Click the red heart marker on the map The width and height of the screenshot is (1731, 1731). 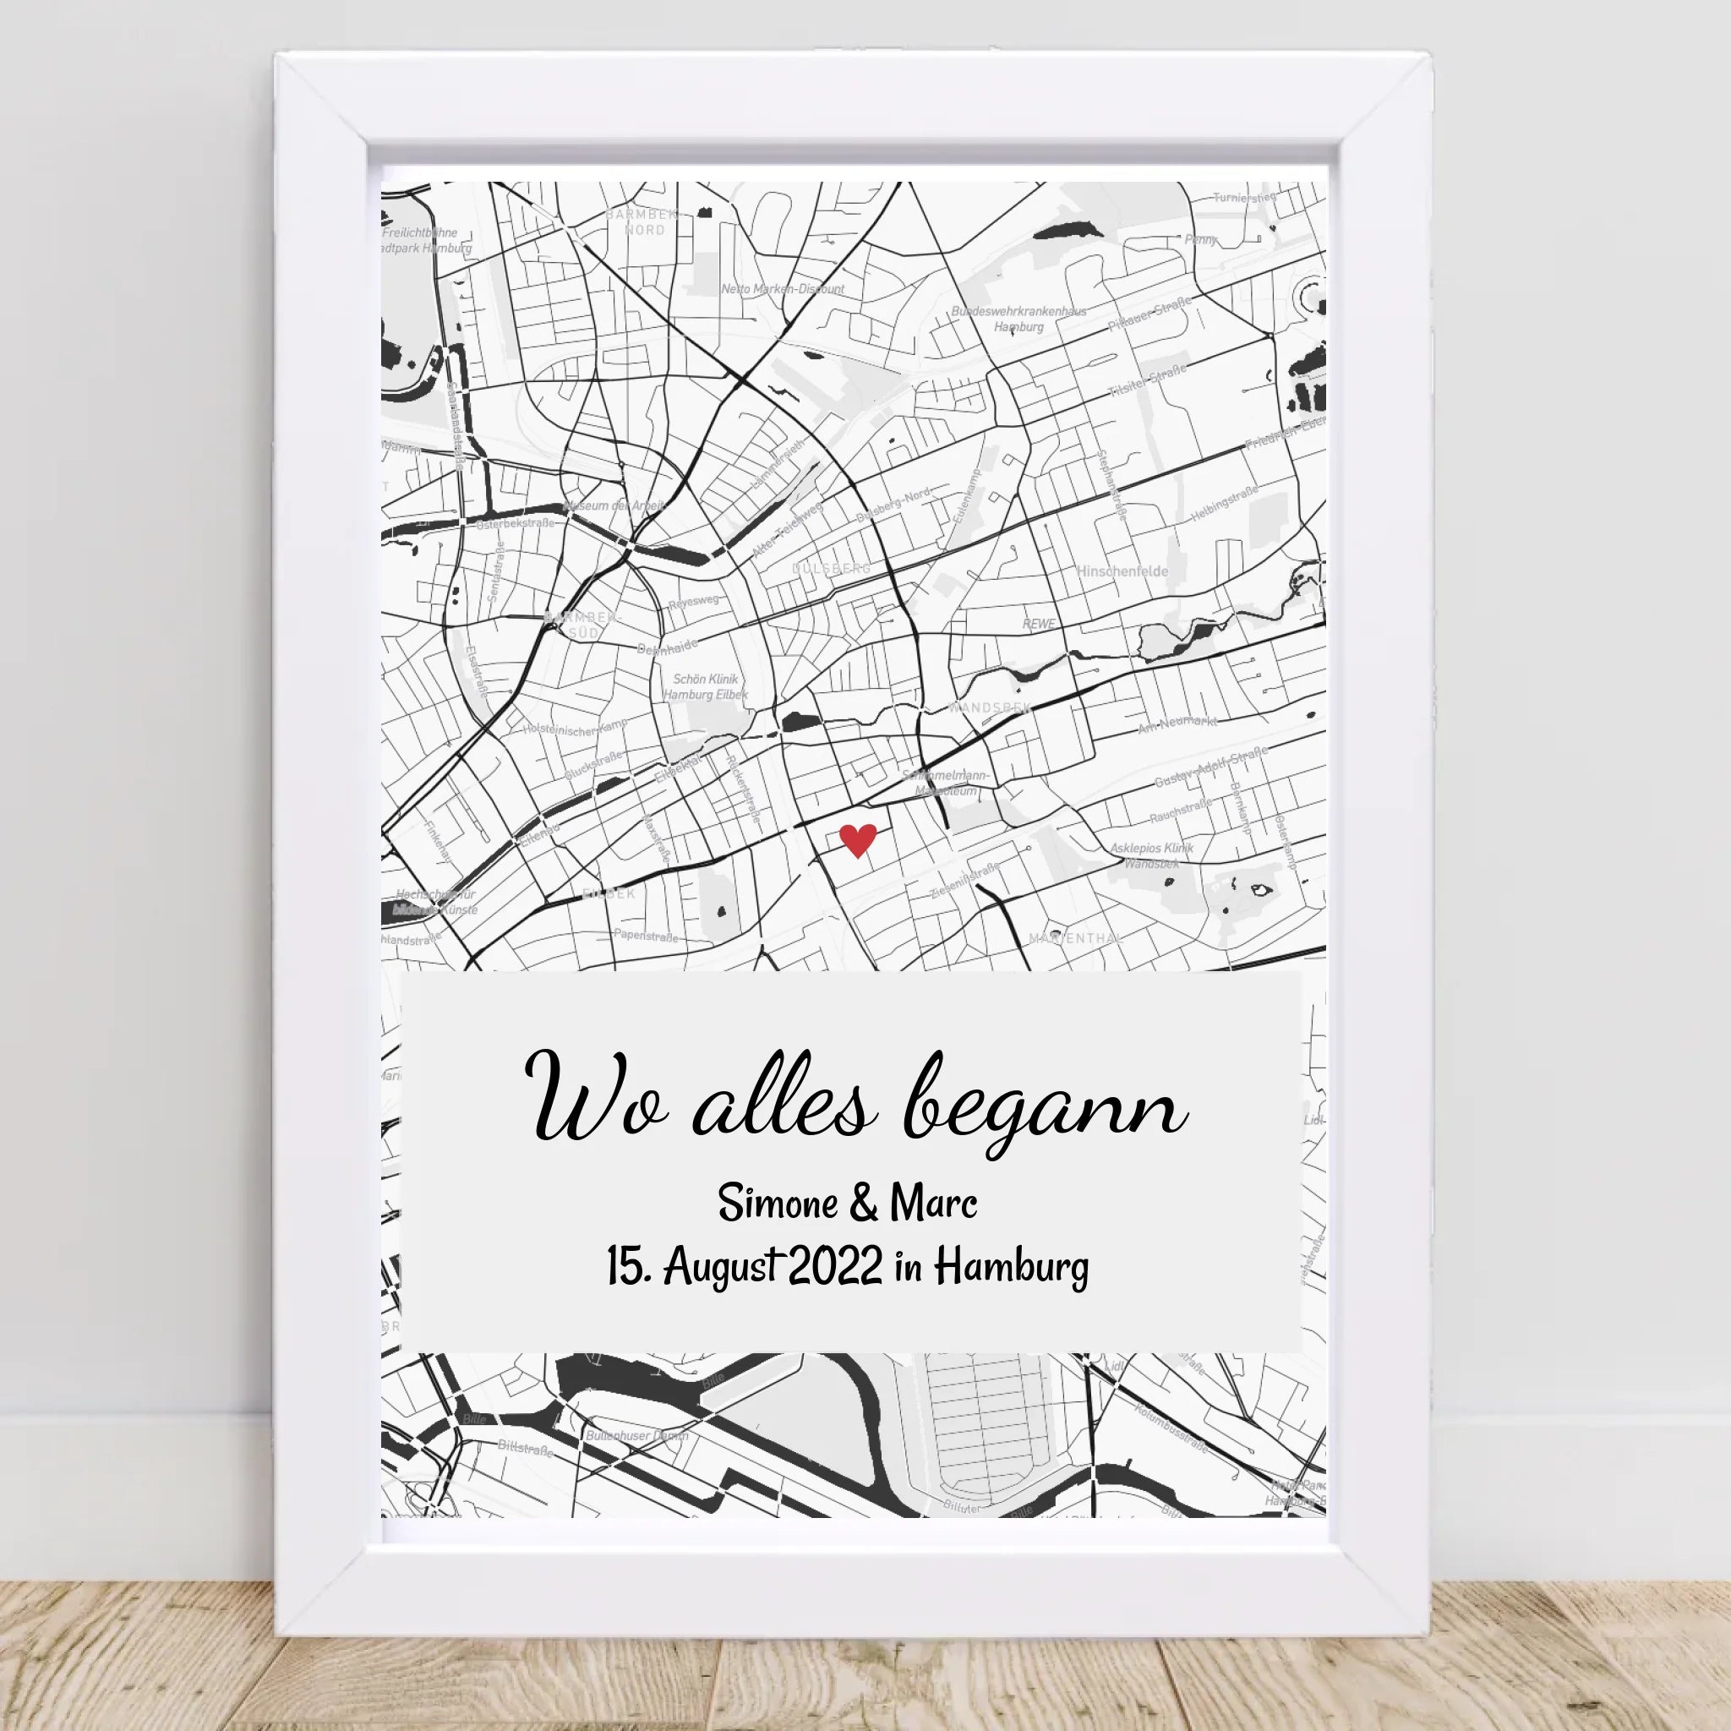coord(857,840)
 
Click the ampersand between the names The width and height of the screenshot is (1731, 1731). coord(862,1204)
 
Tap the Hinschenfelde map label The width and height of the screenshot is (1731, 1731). coord(1122,571)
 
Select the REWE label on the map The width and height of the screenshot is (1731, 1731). coord(1039,624)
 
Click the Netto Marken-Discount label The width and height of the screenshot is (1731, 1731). coord(782,289)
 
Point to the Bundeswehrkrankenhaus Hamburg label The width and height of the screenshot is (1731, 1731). coord(1018,319)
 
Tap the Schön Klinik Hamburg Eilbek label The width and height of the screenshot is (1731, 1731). coord(705,686)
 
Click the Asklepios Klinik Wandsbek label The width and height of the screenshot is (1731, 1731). coord(1152,855)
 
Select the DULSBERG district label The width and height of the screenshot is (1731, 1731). coord(831,569)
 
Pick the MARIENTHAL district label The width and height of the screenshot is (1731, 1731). coord(1075,938)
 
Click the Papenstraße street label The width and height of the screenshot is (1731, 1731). coord(645,936)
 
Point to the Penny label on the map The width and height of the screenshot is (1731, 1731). coord(1200,239)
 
